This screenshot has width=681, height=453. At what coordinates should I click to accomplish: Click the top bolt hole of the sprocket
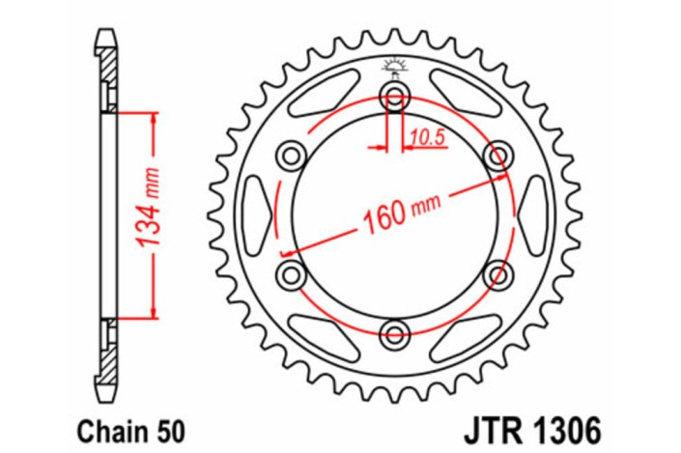[394, 95]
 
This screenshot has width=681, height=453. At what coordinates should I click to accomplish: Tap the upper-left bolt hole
[290, 155]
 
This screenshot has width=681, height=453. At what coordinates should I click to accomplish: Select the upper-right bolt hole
[498, 155]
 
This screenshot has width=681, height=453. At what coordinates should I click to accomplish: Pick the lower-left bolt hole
[290, 274]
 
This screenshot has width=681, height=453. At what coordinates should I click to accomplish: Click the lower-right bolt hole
[498, 274]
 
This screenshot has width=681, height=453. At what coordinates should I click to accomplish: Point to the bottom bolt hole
[394, 334]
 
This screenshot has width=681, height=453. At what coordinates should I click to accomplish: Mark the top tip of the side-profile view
[107, 34]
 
